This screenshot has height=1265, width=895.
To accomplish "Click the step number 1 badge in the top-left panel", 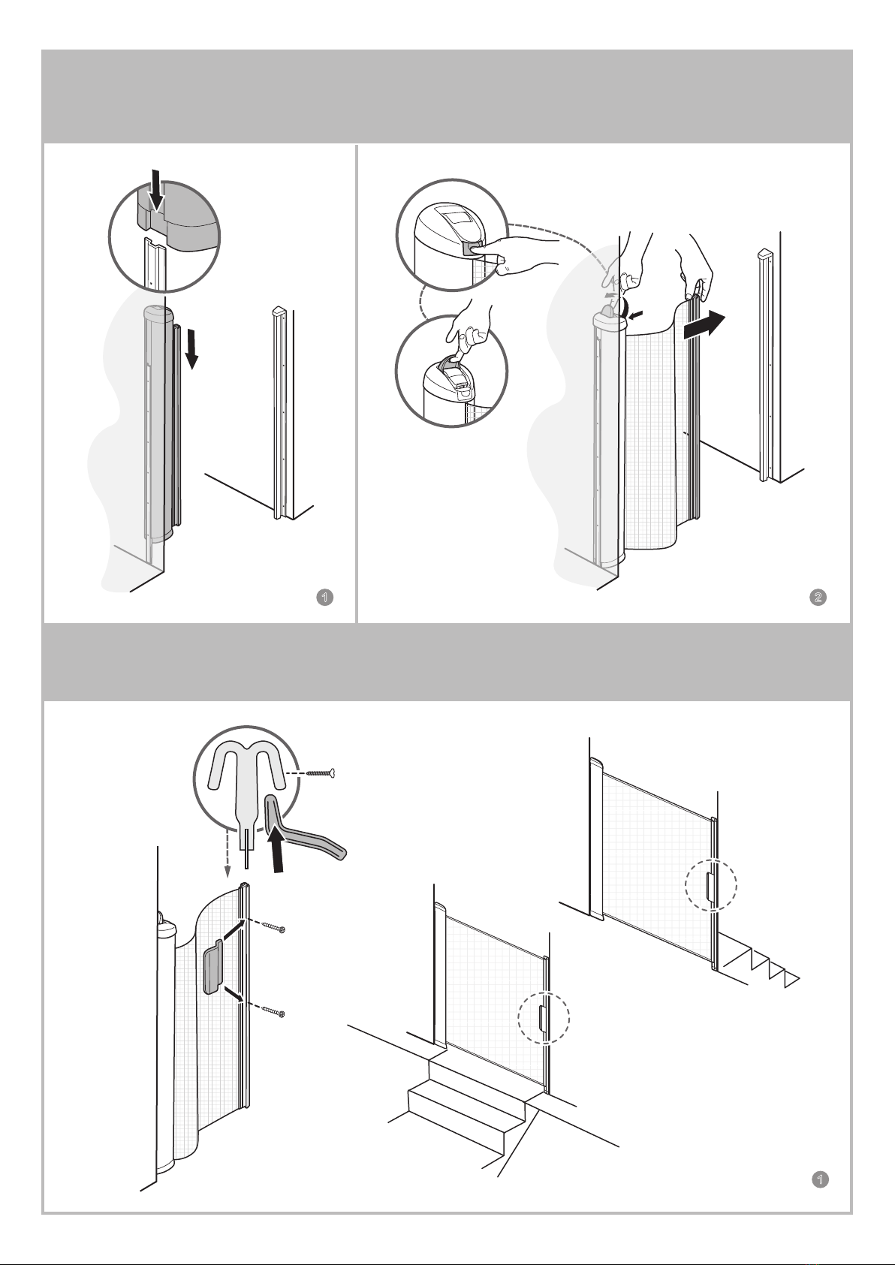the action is tap(325, 597).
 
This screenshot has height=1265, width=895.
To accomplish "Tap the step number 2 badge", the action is tap(818, 597).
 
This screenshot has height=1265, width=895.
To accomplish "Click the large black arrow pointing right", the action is tap(704, 326).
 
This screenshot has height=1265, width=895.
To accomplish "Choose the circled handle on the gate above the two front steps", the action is tap(542, 1018).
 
